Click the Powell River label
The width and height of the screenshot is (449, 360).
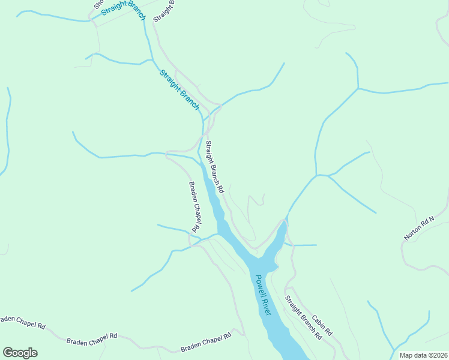tap(263, 295)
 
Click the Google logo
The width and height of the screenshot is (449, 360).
tap(20, 353)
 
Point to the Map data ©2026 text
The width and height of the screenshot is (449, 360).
tap(423, 355)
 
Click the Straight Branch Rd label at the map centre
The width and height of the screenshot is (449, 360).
tap(214, 167)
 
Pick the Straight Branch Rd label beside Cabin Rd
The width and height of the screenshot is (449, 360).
tap(303, 318)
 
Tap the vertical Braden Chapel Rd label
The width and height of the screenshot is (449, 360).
tap(194, 207)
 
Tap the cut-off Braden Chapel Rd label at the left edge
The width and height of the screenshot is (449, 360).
tap(22, 322)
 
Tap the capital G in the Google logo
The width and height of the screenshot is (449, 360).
tap(8, 352)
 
